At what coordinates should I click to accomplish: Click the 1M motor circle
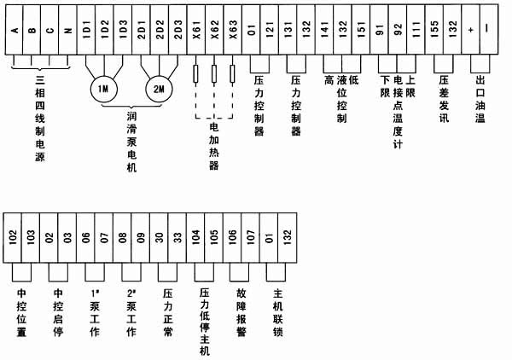click(102, 90)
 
